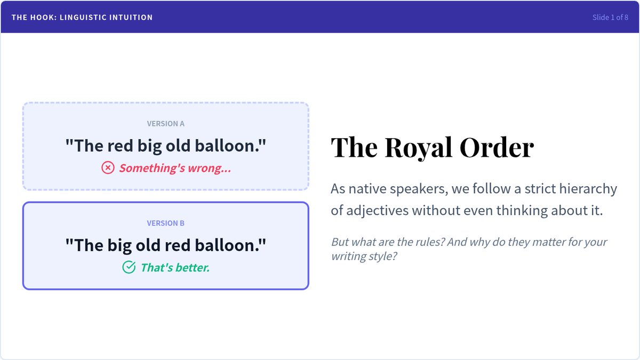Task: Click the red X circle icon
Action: (108, 167)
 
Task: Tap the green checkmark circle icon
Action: (129, 267)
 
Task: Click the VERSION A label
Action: (166, 124)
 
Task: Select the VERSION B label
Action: (166, 223)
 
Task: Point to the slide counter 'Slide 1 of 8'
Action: (610, 18)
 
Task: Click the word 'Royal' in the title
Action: (419, 147)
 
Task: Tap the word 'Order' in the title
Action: (497, 147)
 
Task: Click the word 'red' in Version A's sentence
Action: (121, 146)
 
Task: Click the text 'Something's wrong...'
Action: (175, 168)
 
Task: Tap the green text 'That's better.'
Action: (175, 268)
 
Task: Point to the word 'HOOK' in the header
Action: (42, 18)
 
